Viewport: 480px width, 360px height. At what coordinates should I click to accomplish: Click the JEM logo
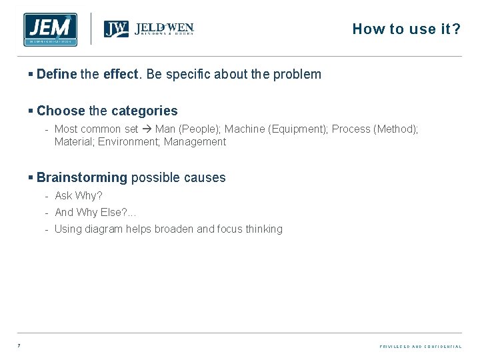[x=49, y=29]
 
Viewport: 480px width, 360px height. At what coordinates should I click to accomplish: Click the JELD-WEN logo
[x=149, y=29]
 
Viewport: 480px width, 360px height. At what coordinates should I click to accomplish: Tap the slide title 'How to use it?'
[x=406, y=29]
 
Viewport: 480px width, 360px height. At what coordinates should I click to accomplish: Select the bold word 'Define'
[x=57, y=74]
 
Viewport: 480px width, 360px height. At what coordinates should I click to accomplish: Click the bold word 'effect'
[x=121, y=74]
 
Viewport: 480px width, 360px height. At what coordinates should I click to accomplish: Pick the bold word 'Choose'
[x=61, y=111]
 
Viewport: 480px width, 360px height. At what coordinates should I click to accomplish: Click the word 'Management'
[x=195, y=141]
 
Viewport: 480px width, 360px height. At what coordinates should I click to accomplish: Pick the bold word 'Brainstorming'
[x=81, y=177]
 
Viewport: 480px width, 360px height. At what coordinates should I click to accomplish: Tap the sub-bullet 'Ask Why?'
[x=78, y=195]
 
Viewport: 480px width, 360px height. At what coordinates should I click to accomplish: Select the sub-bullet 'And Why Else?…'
[x=95, y=212]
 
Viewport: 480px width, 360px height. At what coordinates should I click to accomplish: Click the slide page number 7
[x=19, y=346]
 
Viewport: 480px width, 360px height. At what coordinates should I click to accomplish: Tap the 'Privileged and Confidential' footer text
[x=420, y=347]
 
